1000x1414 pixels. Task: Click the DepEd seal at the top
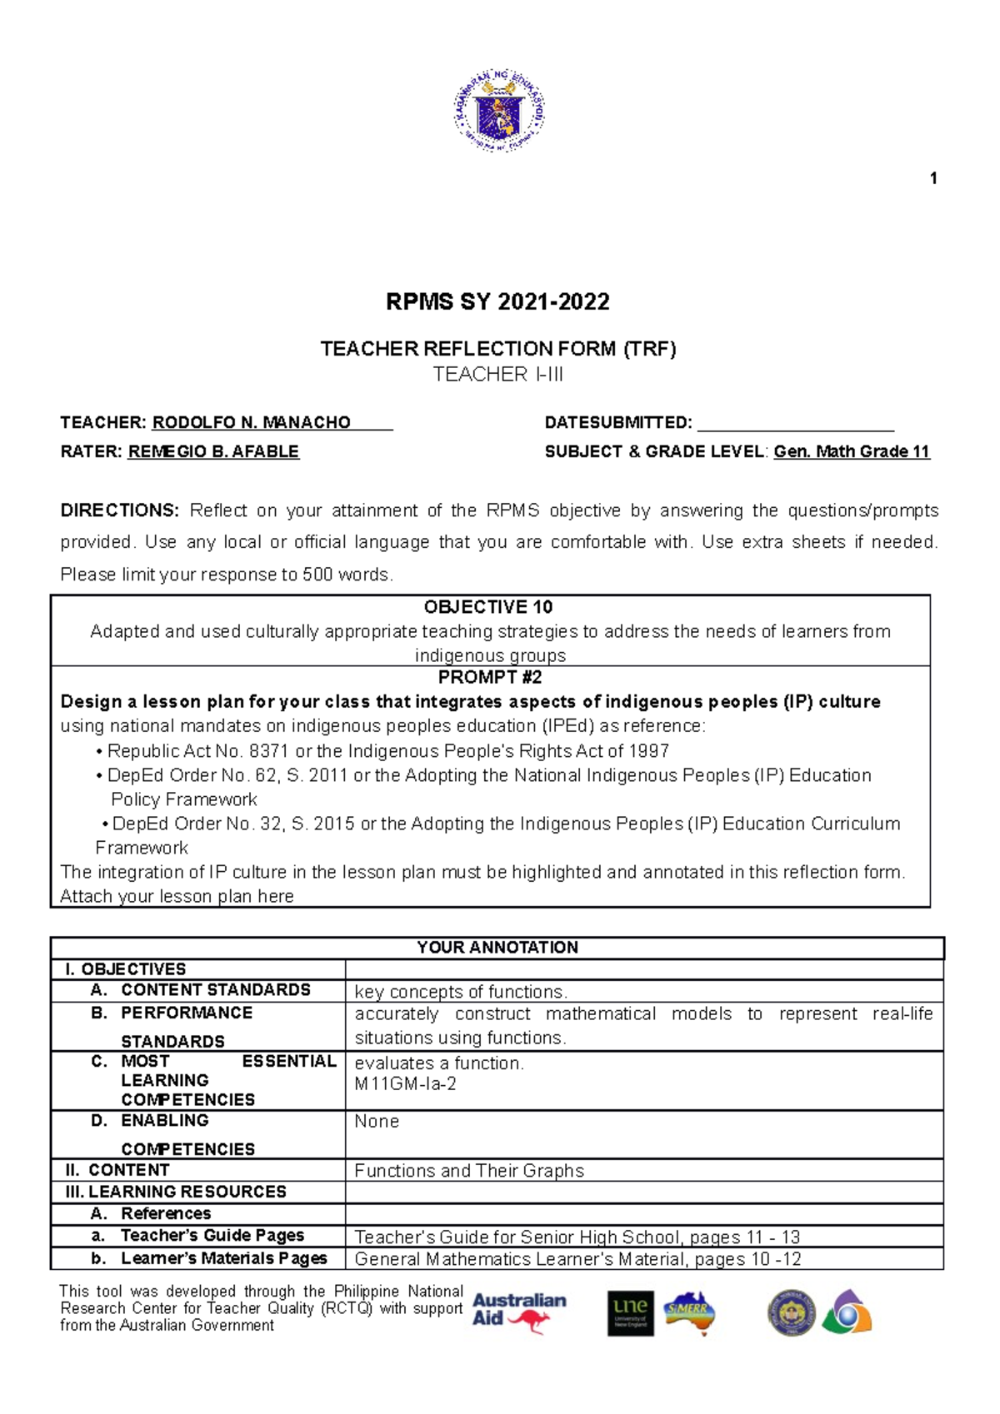coord(499,111)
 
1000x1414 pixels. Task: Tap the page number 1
coord(933,178)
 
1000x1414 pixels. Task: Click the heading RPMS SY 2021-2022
coord(497,301)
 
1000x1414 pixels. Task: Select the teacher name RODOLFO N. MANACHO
coord(251,423)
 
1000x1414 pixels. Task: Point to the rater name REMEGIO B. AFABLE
coord(213,452)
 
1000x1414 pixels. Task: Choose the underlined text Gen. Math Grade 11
coord(851,452)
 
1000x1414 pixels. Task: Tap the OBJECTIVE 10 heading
coord(488,607)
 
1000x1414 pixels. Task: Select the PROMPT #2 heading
coord(490,677)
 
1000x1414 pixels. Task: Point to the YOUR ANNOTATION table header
coord(497,948)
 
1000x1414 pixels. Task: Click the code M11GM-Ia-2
coord(405,1084)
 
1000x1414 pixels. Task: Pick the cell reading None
coord(377,1122)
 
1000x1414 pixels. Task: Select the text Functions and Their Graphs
coord(469,1171)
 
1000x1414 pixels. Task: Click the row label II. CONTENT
coord(117,1170)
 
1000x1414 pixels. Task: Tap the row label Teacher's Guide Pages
coord(212,1236)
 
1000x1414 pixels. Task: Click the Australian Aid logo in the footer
coord(518,1312)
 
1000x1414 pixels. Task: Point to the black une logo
coord(630,1313)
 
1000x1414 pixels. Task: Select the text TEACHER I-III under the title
coord(497,375)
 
